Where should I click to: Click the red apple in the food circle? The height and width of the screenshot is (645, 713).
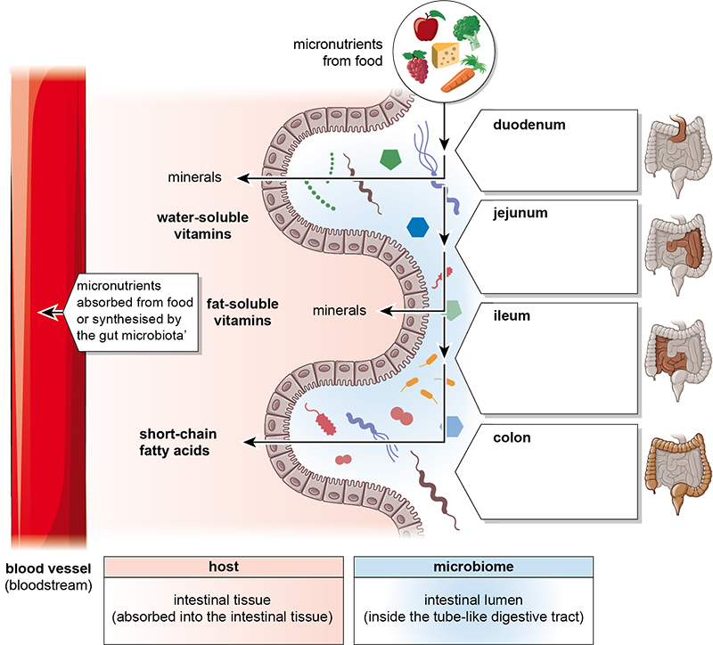coord(423,27)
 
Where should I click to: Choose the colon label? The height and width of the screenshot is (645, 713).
coord(512,437)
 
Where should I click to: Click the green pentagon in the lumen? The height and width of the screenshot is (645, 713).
coord(390,159)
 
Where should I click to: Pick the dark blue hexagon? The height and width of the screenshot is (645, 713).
coord(417,226)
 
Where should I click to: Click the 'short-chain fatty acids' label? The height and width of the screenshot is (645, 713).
coord(177,443)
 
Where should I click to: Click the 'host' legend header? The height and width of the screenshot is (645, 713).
coord(224,566)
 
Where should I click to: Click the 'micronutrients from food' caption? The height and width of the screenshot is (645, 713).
coord(340,52)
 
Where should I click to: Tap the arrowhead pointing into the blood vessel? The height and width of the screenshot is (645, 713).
coord(38,313)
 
